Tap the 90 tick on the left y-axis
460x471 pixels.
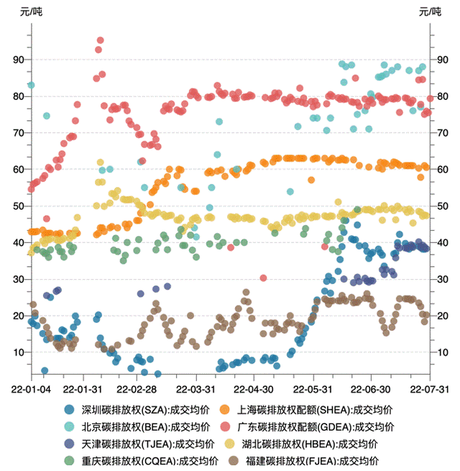pos(18,60)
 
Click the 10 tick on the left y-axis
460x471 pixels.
pos(18,352)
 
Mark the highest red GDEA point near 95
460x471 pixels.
pos(100,40)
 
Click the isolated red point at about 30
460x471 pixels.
pos(264,278)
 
